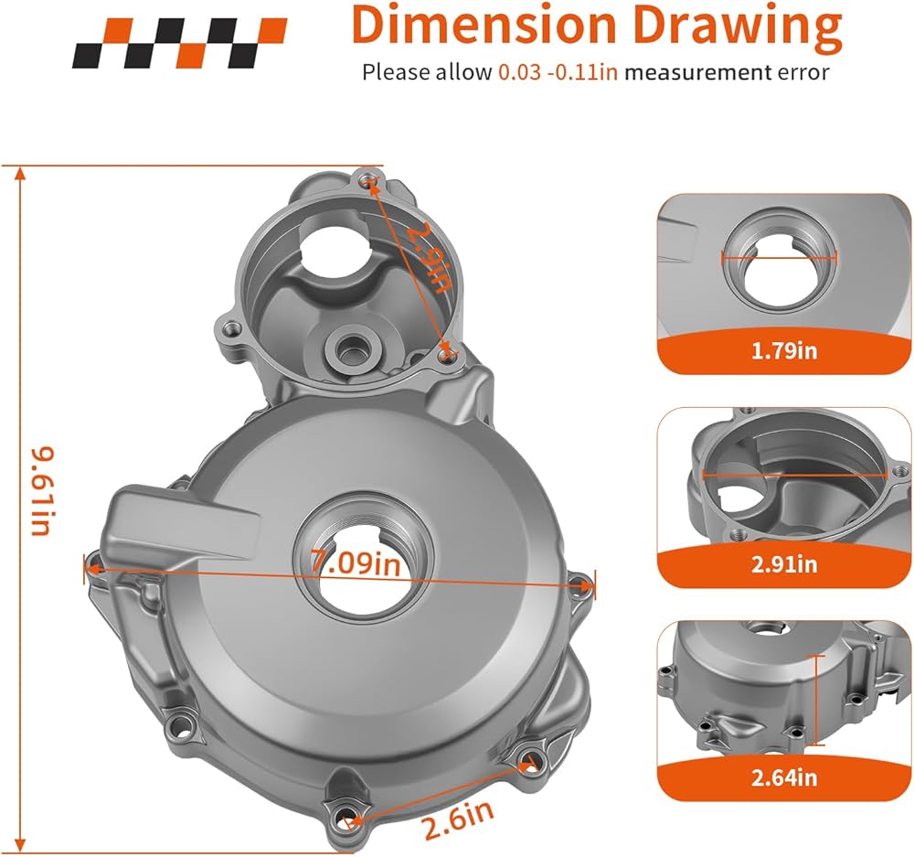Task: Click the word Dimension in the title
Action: pyautogui.click(x=484, y=25)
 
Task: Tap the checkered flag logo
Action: pyautogui.click(x=179, y=43)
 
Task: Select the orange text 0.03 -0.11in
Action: pyautogui.click(x=558, y=72)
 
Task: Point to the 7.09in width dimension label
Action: pyautogui.click(x=355, y=563)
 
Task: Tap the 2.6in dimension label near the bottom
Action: pyautogui.click(x=459, y=820)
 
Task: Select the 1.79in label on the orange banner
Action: pyautogui.click(x=784, y=350)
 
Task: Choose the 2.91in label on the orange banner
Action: pyautogui.click(x=784, y=564)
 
